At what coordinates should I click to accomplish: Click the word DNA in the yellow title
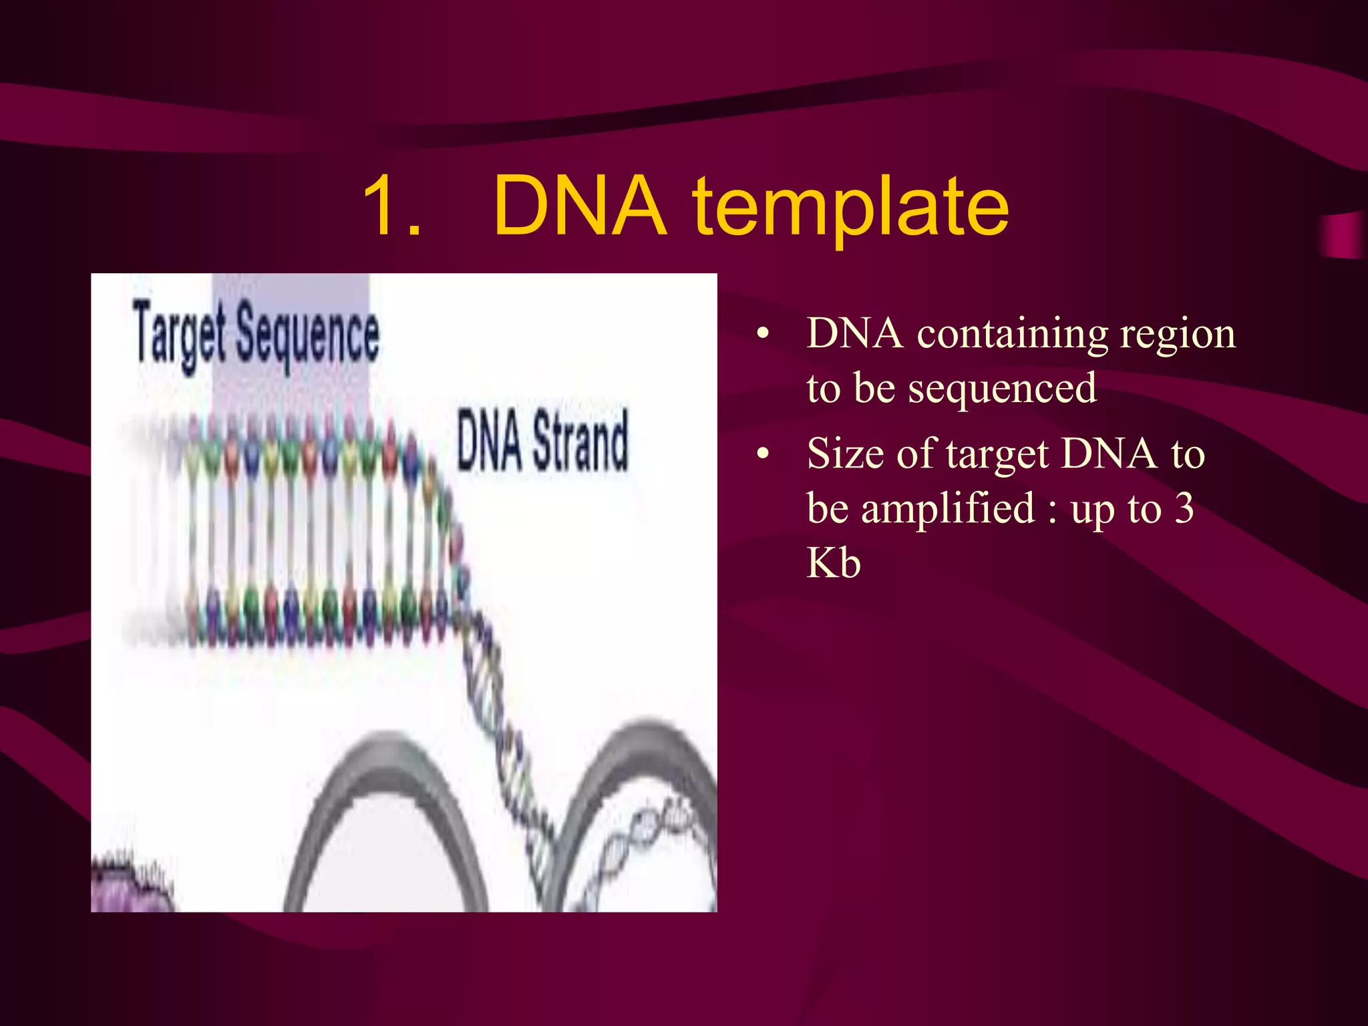(580, 206)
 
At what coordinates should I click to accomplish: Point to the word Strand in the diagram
(580, 441)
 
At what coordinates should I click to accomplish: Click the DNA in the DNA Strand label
(489, 441)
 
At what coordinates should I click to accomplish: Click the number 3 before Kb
(1184, 509)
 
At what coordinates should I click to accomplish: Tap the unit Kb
(834, 562)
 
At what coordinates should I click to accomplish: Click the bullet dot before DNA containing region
(763, 334)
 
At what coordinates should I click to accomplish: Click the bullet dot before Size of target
(763, 455)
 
